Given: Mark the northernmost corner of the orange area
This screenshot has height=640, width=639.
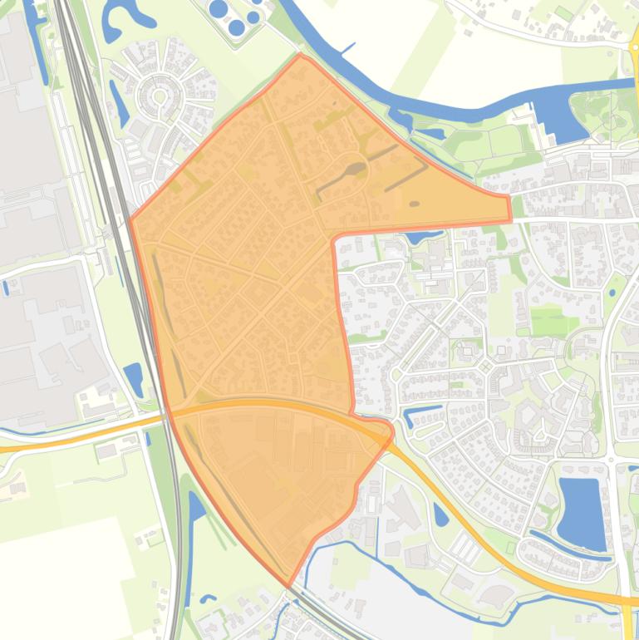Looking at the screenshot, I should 301,56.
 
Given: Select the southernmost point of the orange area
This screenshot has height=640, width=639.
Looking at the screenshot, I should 288,586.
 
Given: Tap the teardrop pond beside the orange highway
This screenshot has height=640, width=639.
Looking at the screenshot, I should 440,515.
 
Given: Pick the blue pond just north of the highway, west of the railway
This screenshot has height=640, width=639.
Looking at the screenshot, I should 133,378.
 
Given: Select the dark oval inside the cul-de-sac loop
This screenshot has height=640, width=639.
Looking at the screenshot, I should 355,170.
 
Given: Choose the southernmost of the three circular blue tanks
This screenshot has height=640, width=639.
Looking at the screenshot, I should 237,27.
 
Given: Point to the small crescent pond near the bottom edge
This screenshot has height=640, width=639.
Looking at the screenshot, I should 208,598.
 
